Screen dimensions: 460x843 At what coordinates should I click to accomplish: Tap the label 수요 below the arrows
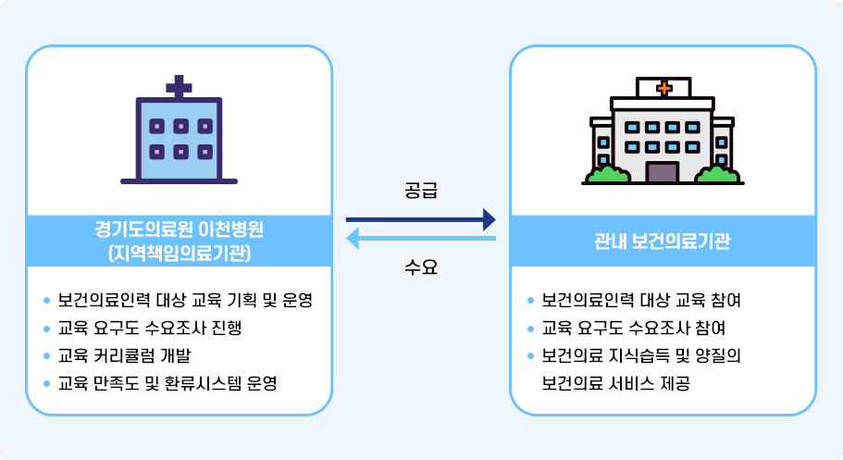coord(421,268)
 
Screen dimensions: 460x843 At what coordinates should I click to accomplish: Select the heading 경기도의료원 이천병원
coord(179,229)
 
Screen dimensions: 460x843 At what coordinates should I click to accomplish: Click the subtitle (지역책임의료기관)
coord(179,252)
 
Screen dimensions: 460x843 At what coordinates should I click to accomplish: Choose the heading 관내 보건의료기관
coord(663,242)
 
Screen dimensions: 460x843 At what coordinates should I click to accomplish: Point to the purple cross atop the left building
coord(179,87)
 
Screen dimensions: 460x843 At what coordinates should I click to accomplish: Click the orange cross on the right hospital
coord(663,89)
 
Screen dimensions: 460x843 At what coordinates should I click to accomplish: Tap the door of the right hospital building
coord(662,172)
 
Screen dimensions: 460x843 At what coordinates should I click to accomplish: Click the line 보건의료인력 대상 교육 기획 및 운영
coord(185,300)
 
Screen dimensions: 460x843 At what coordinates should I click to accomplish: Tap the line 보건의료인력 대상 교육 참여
coord(641,300)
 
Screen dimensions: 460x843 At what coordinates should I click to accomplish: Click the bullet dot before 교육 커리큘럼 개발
coord(47,355)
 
